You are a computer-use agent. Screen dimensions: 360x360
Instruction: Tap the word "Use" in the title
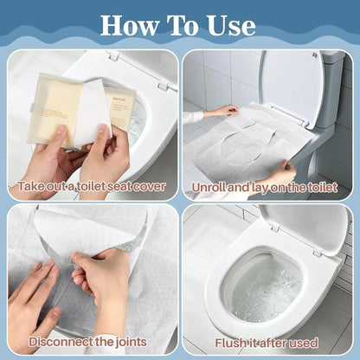coord(228,25)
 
